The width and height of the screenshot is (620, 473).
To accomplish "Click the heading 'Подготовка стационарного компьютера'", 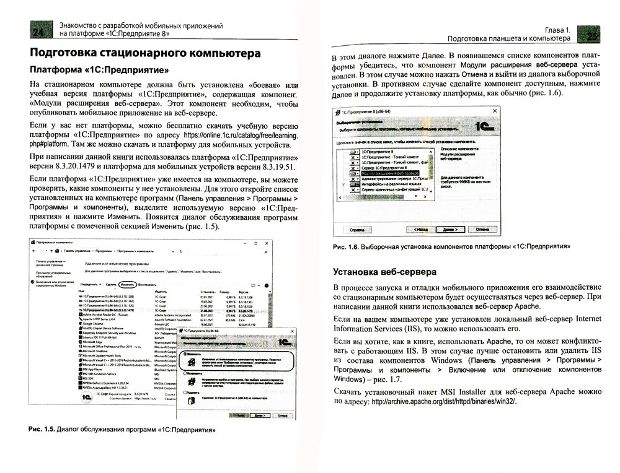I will [146, 54].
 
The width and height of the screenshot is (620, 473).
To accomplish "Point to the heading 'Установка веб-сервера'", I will [384, 271].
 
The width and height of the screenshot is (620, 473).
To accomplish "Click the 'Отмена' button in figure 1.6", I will [482, 228].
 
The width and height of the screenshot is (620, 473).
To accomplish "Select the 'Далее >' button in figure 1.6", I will [450, 228].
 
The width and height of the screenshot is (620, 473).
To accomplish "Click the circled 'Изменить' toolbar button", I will [128, 284].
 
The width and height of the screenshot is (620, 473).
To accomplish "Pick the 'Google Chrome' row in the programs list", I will [93, 324].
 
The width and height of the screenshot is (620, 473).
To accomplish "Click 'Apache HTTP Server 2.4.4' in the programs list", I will [101, 319].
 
